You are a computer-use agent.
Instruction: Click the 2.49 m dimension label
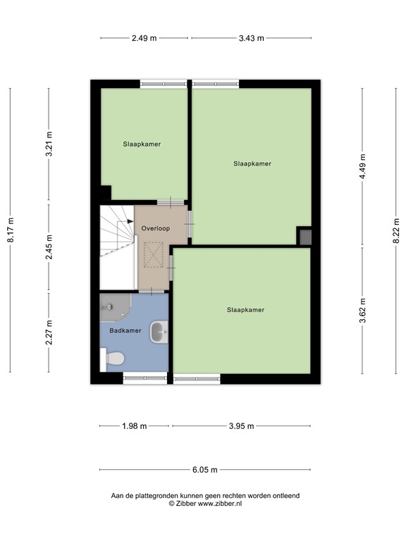pos(144,38)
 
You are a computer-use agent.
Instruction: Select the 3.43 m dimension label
pos(251,38)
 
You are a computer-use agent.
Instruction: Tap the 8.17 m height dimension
pos(10,230)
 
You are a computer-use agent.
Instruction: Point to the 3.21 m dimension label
pos(49,145)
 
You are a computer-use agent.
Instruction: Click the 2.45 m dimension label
pos(49,247)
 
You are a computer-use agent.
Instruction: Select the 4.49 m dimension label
pos(362,167)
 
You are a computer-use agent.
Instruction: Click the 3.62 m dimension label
pos(362,311)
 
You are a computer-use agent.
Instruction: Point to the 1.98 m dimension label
pos(134,426)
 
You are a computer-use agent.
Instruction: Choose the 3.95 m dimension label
pos(240,426)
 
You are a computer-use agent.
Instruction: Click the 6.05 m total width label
pos(205,470)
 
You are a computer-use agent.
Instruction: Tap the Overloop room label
pos(154,229)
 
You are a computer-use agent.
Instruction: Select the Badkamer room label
pos(125,330)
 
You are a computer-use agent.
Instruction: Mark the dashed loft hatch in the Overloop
pos(153,254)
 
